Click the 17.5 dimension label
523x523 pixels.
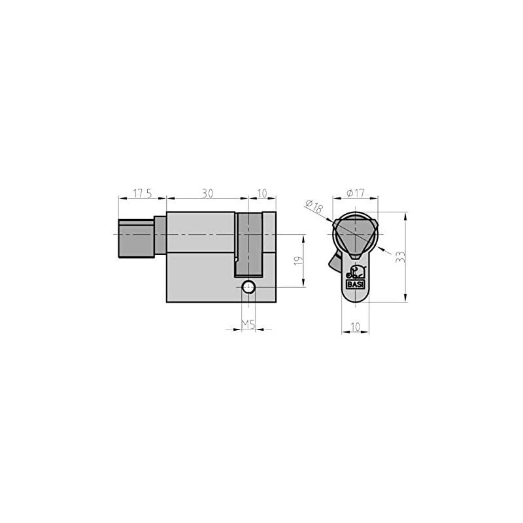pos(143,194)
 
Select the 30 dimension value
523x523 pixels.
pos(207,194)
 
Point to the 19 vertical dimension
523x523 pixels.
pos(297,260)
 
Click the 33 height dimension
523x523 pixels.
pos(399,257)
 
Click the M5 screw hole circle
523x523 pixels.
pos(248,287)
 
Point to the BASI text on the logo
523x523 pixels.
pos(355,284)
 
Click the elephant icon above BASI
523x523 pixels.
pos(355,273)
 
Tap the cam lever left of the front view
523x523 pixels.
pos(331,263)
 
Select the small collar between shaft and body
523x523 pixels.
pos(160,235)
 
